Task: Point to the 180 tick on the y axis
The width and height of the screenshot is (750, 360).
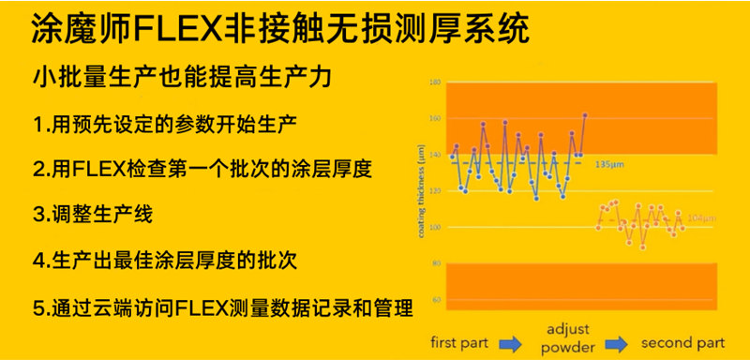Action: [435, 83]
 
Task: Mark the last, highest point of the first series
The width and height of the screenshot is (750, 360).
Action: [585, 115]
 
